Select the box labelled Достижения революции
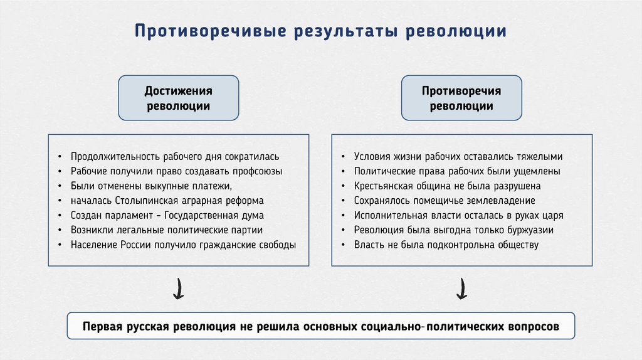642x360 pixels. coord(179,98)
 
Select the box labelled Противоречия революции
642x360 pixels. coord(461,98)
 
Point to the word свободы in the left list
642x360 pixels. coord(274,245)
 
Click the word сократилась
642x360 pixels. coord(251,156)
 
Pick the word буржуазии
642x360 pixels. coord(529,230)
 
